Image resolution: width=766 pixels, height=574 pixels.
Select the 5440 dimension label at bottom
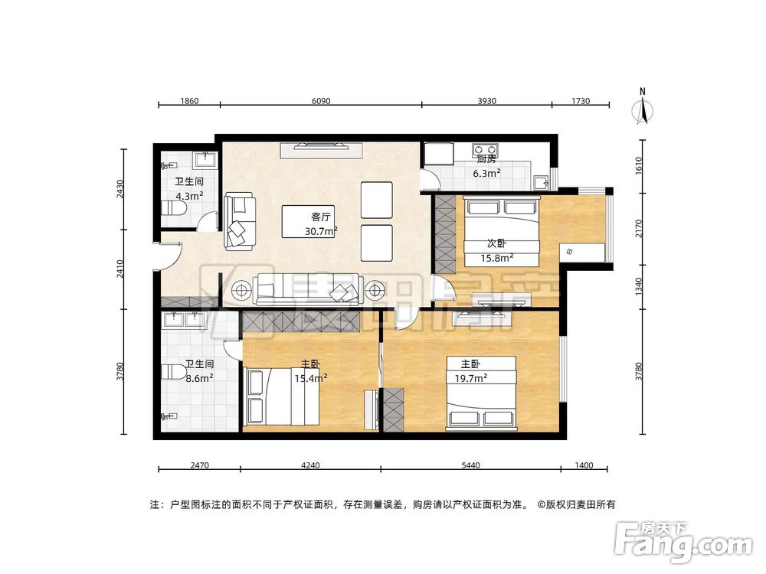[x=471, y=465]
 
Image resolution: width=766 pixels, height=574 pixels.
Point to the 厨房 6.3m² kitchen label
[x=487, y=166]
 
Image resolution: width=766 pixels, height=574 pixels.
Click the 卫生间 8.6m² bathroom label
[x=198, y=371]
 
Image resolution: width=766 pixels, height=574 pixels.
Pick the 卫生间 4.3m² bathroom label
[x=188, y=188]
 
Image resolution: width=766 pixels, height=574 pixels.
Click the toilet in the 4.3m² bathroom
[x=175, y=209]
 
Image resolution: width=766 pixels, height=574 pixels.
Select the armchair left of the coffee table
[x=239, y=222]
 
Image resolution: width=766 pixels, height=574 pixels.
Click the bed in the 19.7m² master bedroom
[x=482, y=390]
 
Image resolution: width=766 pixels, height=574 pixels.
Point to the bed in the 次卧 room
[x=503, y=230]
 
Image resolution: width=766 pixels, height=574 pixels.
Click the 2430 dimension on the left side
[x=121, y=189]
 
